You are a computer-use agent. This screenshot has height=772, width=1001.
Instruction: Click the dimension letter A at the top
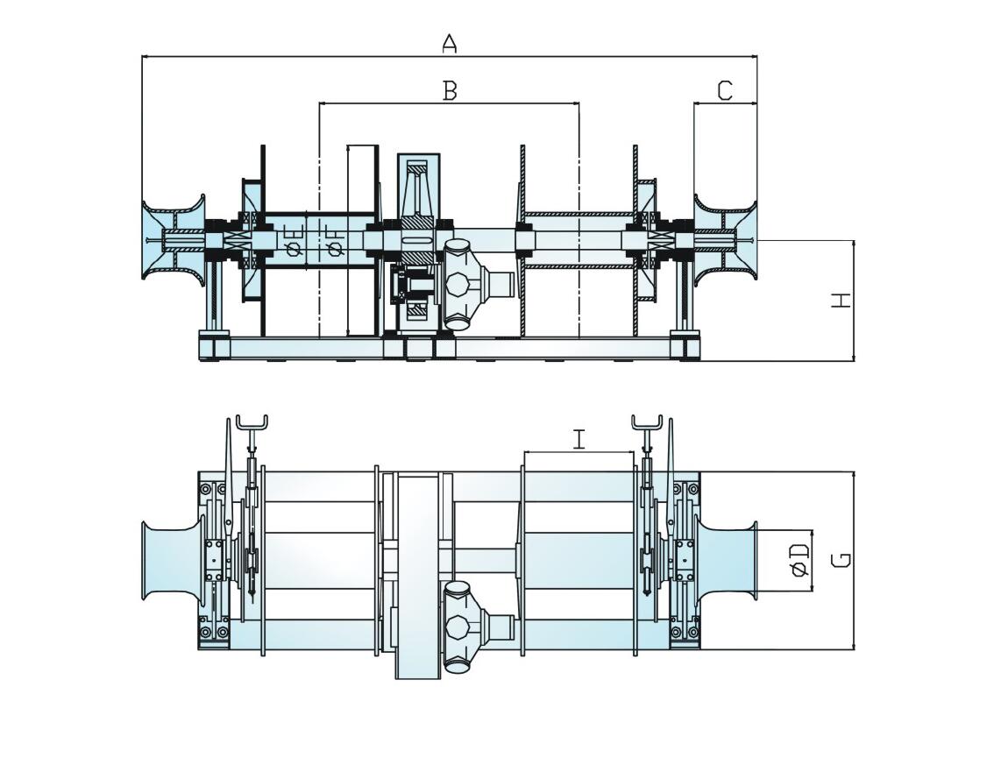(x=450, y=43)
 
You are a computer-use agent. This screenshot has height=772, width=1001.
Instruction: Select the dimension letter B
(x=450, y=90)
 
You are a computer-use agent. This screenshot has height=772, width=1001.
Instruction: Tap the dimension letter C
(x=725, y=90)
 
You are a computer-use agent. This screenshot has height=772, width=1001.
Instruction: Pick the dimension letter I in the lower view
(x=579, y=439)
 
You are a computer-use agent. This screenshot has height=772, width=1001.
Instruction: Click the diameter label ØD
(x=799, y=560)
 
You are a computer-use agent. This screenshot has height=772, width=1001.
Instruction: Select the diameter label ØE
(x=295, y=239)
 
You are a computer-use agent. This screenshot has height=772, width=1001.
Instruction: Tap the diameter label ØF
(x=334, y=239)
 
